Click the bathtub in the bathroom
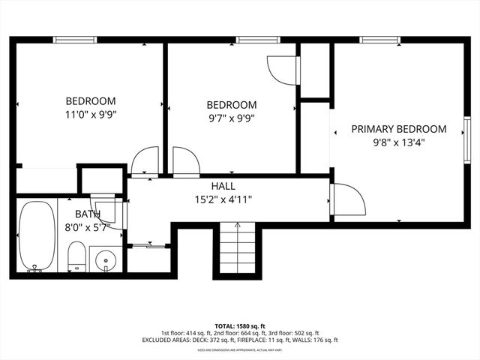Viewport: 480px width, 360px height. pyautogui.click(x=37, y=236)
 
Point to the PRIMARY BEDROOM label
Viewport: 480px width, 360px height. pyautogui.click(x=398, y=129)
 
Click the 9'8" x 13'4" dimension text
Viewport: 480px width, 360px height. pyautogui.click(x=398, y=142)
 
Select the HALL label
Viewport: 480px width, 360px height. pyautogui.click(x=223, y=186)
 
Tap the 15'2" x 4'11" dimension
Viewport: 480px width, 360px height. pyautogui.click(x=223, y=199)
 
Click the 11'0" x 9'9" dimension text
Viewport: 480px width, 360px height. pyautogui.click(x=90, y=115)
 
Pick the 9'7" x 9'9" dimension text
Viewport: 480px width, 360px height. pyautogui.click(x=231, y=118)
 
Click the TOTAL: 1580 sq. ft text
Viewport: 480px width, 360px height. pyautogui.click(x=240, y=326)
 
